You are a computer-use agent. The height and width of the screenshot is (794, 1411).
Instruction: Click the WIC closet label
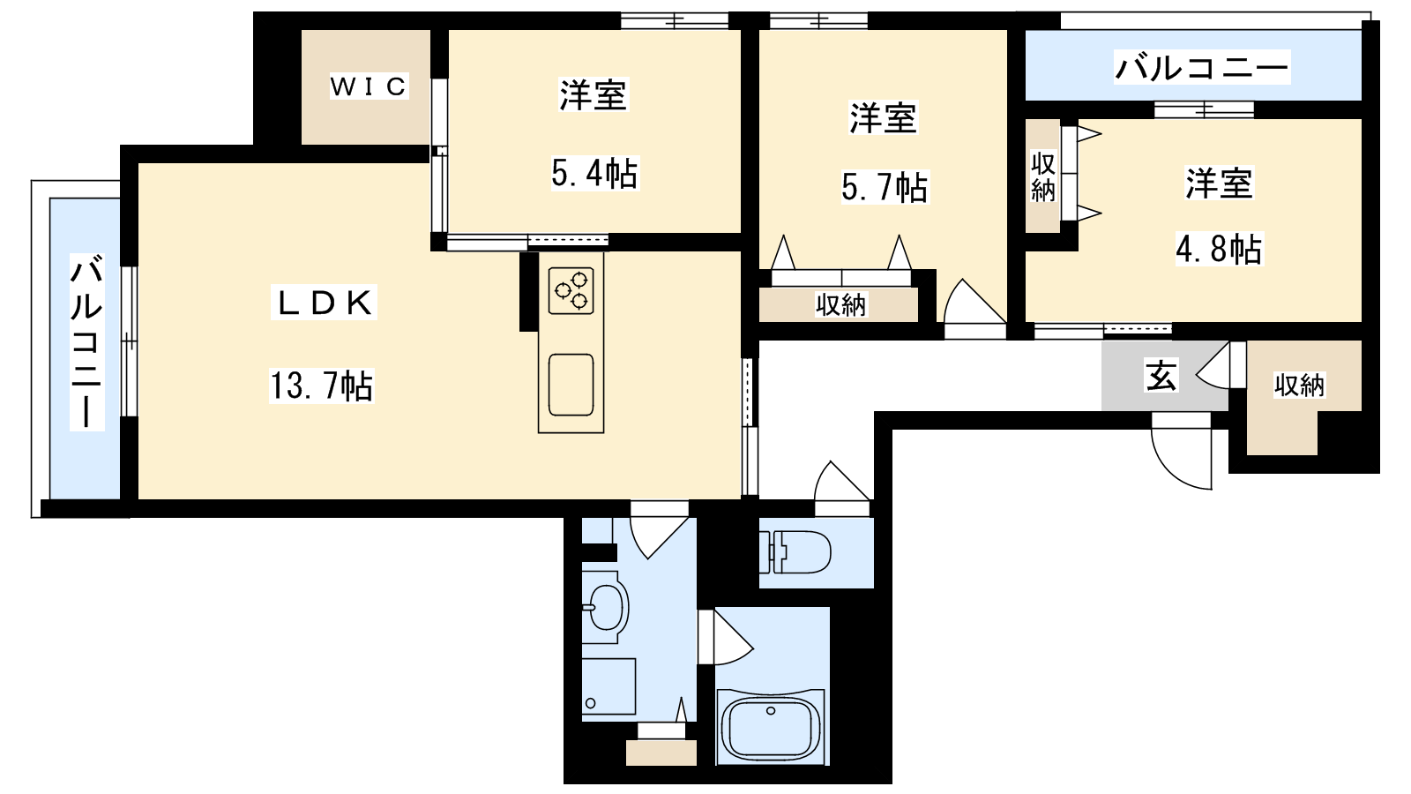369,86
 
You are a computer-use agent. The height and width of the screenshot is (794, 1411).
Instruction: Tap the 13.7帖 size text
322,386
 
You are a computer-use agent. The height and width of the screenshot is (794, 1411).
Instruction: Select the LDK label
324,303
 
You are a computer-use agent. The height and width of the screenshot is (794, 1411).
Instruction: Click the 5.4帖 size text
594,173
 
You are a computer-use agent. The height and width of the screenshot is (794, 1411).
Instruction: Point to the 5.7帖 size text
885,187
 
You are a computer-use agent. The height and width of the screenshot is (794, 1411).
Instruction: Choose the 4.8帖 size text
1219,249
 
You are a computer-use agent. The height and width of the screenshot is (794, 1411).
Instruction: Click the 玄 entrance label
1161,376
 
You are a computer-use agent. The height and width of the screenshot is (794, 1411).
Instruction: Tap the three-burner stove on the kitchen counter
571,290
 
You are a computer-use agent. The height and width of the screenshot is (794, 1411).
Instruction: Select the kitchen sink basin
571,385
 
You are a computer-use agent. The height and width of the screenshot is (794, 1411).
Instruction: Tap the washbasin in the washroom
604,608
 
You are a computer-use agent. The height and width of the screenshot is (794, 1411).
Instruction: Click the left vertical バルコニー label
86,342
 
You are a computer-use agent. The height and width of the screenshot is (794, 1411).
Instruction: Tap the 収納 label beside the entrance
1300,385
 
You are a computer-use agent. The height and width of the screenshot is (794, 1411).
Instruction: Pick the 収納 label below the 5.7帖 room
841,305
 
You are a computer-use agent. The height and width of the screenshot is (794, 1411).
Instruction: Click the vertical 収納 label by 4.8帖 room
1043,177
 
